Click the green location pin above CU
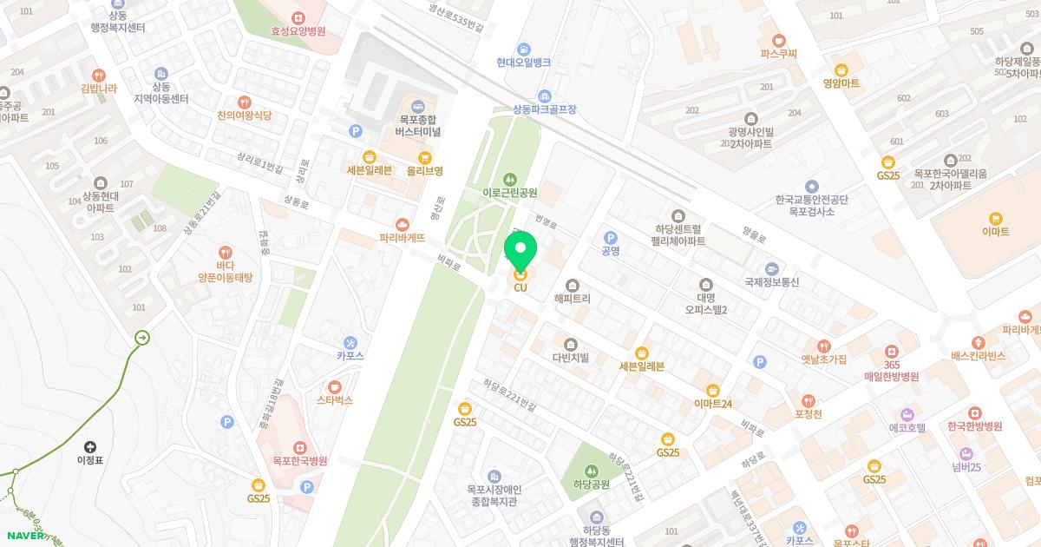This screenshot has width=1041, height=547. pyautogui.click(x=520, y=253)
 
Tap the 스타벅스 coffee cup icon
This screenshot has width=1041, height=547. pyautogui.click(x=334, y=386)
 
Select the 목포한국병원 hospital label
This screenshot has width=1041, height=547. pyautogui.click(x=299, y=461)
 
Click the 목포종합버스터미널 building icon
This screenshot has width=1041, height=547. pyautogui.click(x=418, y=106)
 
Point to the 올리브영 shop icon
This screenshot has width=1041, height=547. pyautogui.click(x=424, y=157)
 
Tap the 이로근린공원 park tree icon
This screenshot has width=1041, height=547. pyautogui.click(x=509, y=179)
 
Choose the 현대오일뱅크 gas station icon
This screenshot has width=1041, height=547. pyautogui.click(x=524, y=49)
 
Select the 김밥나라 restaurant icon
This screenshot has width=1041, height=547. pyautogui.click(x=98, y=75)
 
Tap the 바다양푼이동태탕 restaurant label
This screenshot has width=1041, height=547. pyautogui.click(x=225, y=271)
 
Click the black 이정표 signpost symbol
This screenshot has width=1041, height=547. pyautogui.click(x=90, y=446)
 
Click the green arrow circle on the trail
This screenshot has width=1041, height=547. pyautogui.click(x=142, y=337)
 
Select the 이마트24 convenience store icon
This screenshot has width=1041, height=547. pyautogui.click(x=713, y=390)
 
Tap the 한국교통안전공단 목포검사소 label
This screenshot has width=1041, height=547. pyautogui.click(x=811, y=205)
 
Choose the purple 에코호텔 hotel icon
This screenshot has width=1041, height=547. pyautogui.click(x=908, y=414)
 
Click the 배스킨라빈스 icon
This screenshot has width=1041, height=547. pyautogui.click(x=978, y=342)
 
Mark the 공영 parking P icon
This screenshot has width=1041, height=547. pyautogui.click(x=610, y=237)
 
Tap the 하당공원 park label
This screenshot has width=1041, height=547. pyautogui.click(x=592, y=484)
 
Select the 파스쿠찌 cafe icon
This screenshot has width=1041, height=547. pyautogui.click(x=778, y=40)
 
